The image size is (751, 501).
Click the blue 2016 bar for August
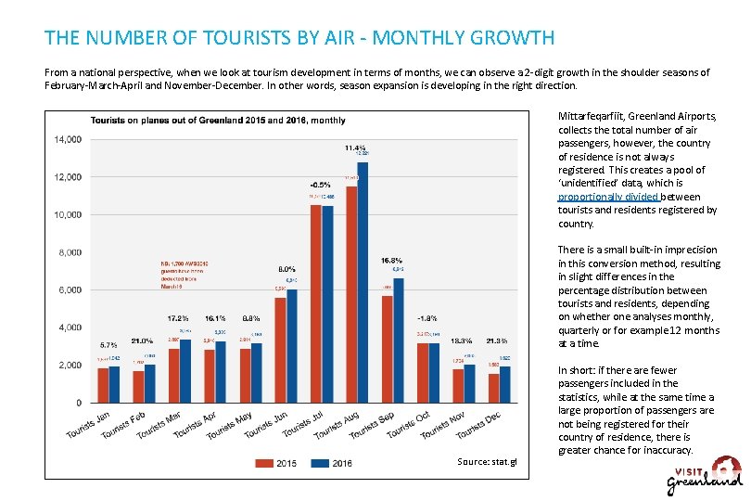[x=363, y=282]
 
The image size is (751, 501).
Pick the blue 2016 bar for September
[x=399, y=340]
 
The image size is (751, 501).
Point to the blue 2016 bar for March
[x=185, y=371]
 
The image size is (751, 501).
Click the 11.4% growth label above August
[x=354, y=148]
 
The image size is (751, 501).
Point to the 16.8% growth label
[x=391, y=261]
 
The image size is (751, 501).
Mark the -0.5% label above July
[x=321, y=184]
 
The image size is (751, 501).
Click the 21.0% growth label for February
[x=142, y=340]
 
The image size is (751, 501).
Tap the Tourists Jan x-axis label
[x=90, y=425]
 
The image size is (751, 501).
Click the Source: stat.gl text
[x=488, y=462]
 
